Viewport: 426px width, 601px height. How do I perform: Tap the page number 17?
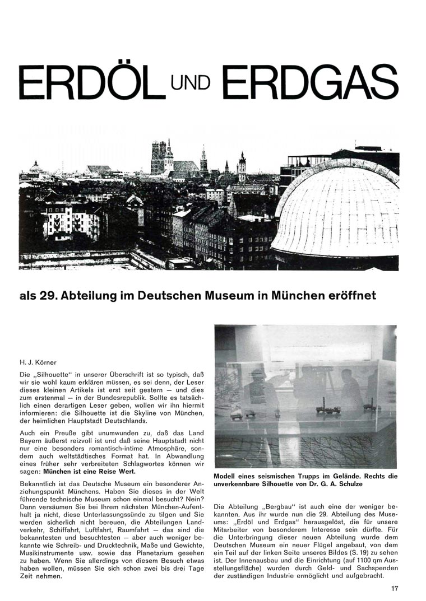[395, 588]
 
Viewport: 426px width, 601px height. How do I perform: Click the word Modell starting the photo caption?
[226, 477]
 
